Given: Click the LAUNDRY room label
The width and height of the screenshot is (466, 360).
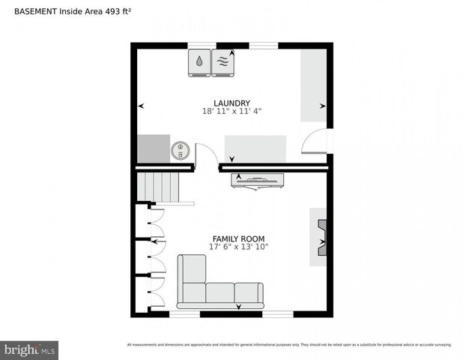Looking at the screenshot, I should pos(232,103).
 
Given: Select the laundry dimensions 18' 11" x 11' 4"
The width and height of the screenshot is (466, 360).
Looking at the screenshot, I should pos(232,112).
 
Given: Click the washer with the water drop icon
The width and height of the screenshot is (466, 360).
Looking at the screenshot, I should pos(199,62).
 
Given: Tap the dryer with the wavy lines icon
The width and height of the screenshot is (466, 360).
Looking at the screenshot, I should pos(223,62).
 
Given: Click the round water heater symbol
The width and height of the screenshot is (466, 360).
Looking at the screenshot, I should pos(180,150).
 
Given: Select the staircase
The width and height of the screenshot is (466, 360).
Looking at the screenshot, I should pos(160,187).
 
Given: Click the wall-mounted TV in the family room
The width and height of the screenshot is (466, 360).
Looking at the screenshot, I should pos(257,181).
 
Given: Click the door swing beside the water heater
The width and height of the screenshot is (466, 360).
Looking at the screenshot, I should pos(207,154).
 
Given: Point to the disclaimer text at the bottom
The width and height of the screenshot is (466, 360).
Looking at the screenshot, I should pos(289,345).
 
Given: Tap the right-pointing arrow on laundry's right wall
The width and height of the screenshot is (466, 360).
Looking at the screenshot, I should pos(323,106).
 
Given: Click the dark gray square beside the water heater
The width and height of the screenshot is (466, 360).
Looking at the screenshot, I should pos(153,148).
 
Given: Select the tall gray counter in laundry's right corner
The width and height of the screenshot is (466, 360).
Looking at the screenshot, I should pos(313,85).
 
